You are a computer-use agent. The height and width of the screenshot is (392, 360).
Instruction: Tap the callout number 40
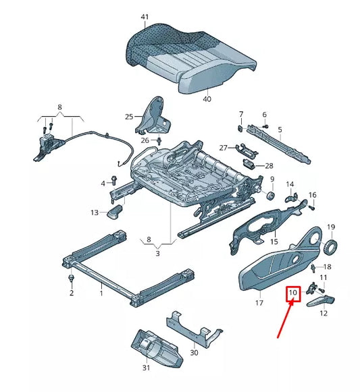[207, 99]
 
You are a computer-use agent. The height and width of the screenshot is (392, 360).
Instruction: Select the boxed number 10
[293, 293]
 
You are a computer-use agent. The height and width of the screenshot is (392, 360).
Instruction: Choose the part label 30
[195, 352]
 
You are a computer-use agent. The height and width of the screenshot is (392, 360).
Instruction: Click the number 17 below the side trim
[259, 304]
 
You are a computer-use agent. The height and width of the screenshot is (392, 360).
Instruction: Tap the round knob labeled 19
[331, 247]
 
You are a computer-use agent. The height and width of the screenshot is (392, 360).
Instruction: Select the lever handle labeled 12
[323, 301]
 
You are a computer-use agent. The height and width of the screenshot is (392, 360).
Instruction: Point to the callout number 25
[130, 117]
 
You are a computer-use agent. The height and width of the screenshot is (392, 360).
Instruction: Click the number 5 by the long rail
[280, 129]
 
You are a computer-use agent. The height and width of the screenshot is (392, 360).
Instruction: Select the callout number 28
[269, 165]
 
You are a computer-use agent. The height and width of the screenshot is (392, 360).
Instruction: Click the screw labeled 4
[112, 184]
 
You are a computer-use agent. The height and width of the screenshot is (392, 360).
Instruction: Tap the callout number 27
[223, 147]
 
